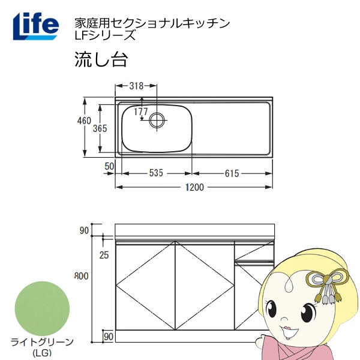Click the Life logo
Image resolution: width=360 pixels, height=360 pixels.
click(36, 26)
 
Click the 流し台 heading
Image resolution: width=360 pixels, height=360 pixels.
click(101, 59)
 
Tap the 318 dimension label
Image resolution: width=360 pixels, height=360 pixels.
click(136, 86)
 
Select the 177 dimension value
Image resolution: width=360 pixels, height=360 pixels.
click(141, 112)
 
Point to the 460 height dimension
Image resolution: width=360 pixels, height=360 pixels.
click(84, 121)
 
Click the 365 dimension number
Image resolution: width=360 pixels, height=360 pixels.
click(100, 128)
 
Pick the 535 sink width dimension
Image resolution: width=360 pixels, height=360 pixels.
click(156, 173)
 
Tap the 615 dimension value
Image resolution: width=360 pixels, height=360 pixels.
click(232, 173)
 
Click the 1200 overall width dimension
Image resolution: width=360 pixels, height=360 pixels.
click(194, 187)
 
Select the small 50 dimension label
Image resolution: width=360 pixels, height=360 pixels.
click(109, 166)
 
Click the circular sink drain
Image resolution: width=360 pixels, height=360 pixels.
click(157, 121)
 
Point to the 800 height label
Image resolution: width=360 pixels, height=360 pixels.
click(82, 276)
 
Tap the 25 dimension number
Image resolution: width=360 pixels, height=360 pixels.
click(104, 255)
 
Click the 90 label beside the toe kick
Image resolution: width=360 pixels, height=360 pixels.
click(109, 337)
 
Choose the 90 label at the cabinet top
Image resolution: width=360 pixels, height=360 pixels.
click(84, 230)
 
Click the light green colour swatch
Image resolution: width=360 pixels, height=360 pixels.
click(42, 308)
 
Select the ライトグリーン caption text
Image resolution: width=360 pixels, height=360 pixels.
click(42, 343)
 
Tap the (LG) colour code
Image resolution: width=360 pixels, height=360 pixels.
click(42, 352)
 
